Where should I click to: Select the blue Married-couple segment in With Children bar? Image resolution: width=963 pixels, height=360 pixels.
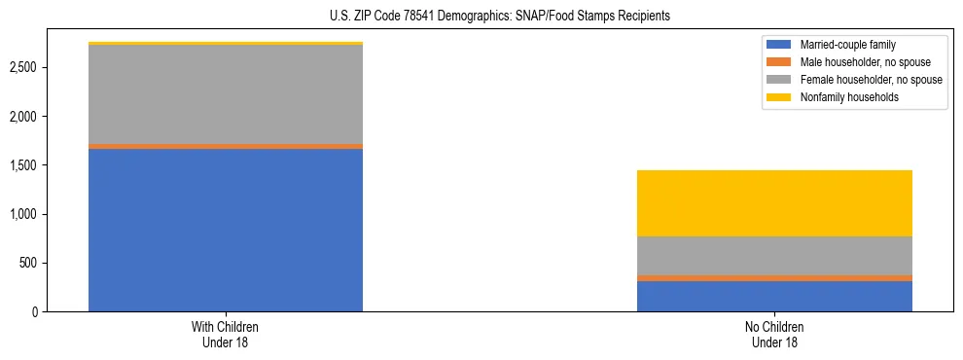point(226,230)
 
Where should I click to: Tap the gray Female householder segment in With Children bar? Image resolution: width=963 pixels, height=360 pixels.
point(226,94)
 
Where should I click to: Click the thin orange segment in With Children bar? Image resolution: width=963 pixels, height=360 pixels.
point(226,146)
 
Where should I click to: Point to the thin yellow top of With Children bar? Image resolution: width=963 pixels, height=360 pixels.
point(226,44)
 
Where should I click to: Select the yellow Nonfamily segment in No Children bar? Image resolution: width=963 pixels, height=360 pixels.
point(774,203)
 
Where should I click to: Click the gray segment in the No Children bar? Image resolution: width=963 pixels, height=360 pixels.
point(774,256)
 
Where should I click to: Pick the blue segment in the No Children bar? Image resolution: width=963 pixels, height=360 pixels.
point(774,296)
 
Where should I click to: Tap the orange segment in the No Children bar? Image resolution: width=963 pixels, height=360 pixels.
point(774,278)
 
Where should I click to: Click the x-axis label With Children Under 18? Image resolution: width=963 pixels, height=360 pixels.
point(226,334)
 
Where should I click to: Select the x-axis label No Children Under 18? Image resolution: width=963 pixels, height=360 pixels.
point(774,334)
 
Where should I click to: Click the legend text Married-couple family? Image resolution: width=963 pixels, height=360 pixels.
point(847,45)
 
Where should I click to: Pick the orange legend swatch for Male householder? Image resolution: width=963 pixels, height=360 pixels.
point(779,62)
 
